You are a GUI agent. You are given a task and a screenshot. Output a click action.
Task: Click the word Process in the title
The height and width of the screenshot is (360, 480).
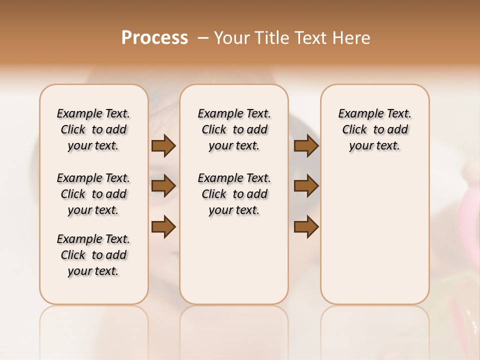(x=154, y=38)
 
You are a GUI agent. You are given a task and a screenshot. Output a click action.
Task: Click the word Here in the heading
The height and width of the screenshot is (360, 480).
(x=352, y=38)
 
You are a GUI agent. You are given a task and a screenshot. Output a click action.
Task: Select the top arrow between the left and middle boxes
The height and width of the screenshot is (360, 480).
(x=163, y=146)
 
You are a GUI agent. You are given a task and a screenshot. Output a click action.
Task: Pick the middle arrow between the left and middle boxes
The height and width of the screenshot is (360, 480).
(x=163, y=186)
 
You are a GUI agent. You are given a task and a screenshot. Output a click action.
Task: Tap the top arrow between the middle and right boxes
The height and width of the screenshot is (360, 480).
(x=306, y=146)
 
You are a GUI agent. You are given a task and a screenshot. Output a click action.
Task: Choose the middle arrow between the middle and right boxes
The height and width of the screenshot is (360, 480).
(x=306, y=186)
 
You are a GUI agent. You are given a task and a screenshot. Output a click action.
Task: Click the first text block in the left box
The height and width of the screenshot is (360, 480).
(x=93, y=129)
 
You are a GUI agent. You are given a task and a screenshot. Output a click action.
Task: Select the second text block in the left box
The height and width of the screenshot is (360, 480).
(x=93, y=194)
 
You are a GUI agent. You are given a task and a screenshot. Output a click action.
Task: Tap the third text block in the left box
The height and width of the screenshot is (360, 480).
(x=93, y=255)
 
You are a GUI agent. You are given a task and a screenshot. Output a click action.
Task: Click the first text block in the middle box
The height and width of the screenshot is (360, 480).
(x=234, y=129)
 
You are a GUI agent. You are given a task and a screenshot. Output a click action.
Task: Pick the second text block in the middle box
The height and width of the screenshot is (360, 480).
(x=234, y=194)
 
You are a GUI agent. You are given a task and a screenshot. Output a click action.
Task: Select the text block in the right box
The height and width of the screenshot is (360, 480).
(x=374, y=129)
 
